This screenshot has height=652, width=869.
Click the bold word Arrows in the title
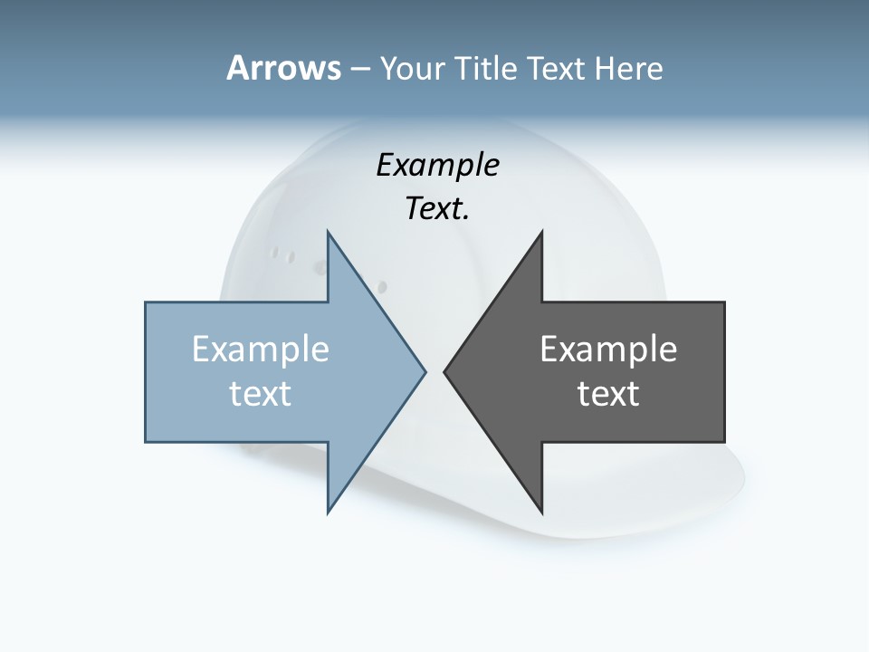pyautogui.click(x=283, y=68)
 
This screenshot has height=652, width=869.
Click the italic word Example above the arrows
pyautogui.click(x=437, y=165)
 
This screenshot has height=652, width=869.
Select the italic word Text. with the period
pyautogui.click(x=437, y=208)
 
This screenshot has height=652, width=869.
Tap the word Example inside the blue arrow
pyautogui.click(x=261, y=349)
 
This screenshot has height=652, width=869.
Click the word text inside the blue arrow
pyautogui.click(x=261, y=393)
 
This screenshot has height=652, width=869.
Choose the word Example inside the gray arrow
pyautogui.click(x=608, y=349)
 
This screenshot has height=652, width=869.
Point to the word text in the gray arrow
pyautogui.click(x=608, y=393)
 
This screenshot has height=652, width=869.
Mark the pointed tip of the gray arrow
pyautogui.click(x=445, y=371)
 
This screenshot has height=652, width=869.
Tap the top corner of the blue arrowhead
pyautogui.click(x=329, y=233)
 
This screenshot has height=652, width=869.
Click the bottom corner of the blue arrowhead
pyautogui.click(x=329, y=512)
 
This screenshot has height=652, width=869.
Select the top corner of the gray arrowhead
pyautogui.click(x=541, y=233)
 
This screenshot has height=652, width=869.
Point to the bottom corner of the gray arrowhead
pyautogui.click(x=541, y=512)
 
